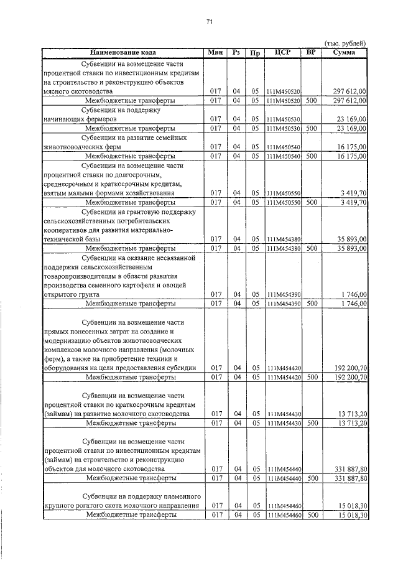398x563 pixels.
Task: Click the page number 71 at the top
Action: click(x=210, y=22)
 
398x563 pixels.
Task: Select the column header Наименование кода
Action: click(x=123, y=52)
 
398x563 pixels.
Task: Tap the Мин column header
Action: click(x=215, y=52)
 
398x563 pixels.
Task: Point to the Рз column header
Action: click(x=236, y=52)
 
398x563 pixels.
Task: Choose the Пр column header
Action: click(x=254, y=53)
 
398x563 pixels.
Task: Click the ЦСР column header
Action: click(x=283, y=52)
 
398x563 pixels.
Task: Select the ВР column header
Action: click(x=312, y=52)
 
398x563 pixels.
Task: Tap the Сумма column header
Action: click(x=345, y=52)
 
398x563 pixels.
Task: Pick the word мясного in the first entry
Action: click(x=57, y=91)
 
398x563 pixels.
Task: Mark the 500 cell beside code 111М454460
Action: click(x=312, y=515)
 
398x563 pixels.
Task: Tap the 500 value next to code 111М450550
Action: click(x=312, y=202)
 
